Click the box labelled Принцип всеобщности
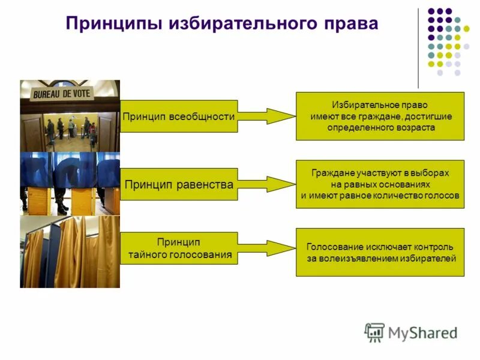point(179,116)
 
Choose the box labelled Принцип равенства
point(179,184)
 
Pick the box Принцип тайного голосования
point(179,248)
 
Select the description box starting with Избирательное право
point(380,116)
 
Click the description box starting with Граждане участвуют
point(380,184)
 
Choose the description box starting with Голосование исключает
point(380,252)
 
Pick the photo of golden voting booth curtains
point(70,252)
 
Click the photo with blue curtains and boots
point(70,184)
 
